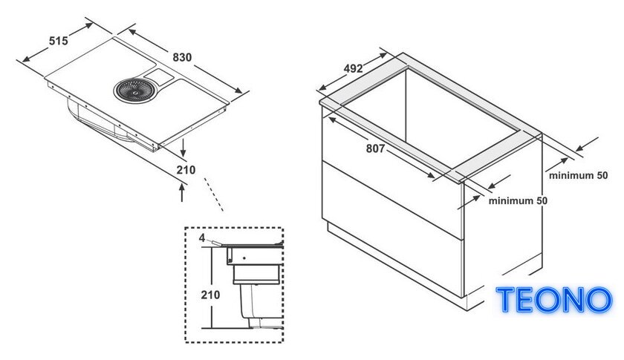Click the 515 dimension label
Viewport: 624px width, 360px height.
(59, 41)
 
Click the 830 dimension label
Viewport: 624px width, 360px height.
(182, 57)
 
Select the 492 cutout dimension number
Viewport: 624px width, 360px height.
(353, 69)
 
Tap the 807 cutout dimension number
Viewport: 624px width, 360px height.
(375, 148)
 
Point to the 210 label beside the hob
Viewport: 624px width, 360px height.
(186, 170)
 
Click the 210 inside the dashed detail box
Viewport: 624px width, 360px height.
(210, 295)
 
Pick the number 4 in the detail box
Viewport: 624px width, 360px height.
(202, 238)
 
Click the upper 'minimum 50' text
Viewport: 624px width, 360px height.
(578, 175)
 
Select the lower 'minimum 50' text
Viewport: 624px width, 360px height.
(518, 201)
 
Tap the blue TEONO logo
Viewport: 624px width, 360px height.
(554, 300)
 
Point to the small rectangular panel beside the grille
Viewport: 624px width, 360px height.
(158, 75)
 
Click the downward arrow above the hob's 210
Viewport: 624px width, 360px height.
(183, 148)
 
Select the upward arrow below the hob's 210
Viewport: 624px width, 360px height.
(182, 192)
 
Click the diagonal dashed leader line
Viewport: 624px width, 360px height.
(214, 194)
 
